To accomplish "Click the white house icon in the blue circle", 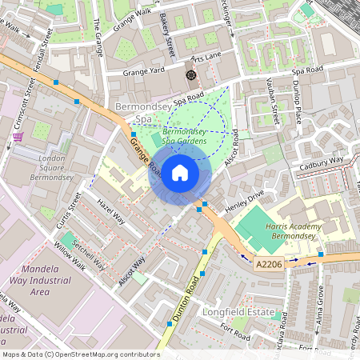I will click(x=180, y=173).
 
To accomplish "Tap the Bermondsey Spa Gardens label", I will click(x=185, y=136).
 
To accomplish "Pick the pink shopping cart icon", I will click(x=17, y=137).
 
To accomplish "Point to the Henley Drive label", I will click(x=245, y=197).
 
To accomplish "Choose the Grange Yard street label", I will click(x=144, y=70).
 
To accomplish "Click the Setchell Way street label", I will click(x=87, y=254).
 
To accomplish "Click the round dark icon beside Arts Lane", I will click(x=191, y=74).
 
